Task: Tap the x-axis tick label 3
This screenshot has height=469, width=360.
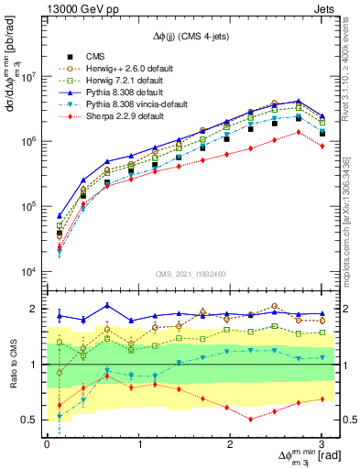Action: pos(322,445)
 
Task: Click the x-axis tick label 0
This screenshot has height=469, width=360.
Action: pos(47,445)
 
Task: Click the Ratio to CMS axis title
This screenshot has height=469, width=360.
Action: pos(11,365)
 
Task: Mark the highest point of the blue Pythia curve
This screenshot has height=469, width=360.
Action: pos(298,101)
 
